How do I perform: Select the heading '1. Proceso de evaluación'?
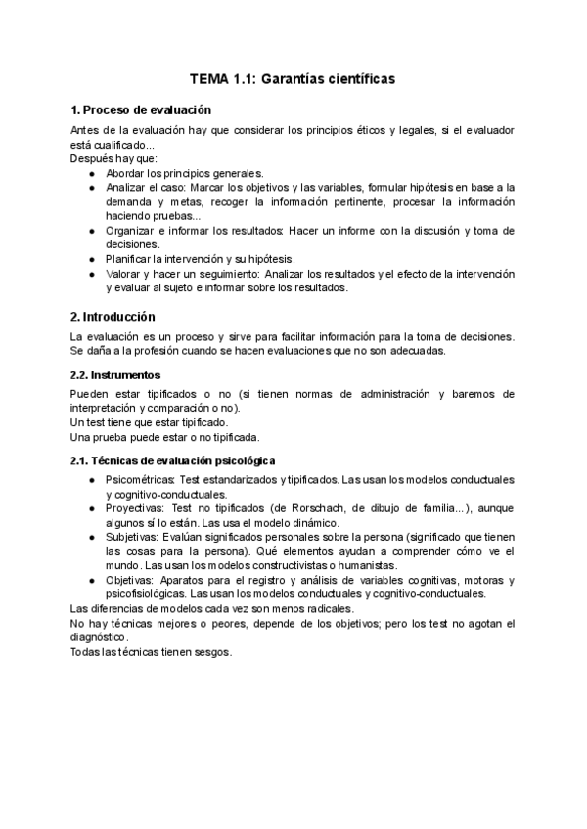[x=142, y=109]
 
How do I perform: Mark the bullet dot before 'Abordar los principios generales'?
[x=91, y=172]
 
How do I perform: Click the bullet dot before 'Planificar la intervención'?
[x=91, y=259]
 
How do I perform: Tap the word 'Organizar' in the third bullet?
[x=131, y=231]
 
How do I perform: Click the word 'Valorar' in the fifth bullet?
[x=124, y=274]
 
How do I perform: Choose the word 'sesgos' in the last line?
[x=213, y=653]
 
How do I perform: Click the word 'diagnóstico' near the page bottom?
[x=99, y=637]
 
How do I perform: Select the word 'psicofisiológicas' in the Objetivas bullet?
[x=149, y=593]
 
